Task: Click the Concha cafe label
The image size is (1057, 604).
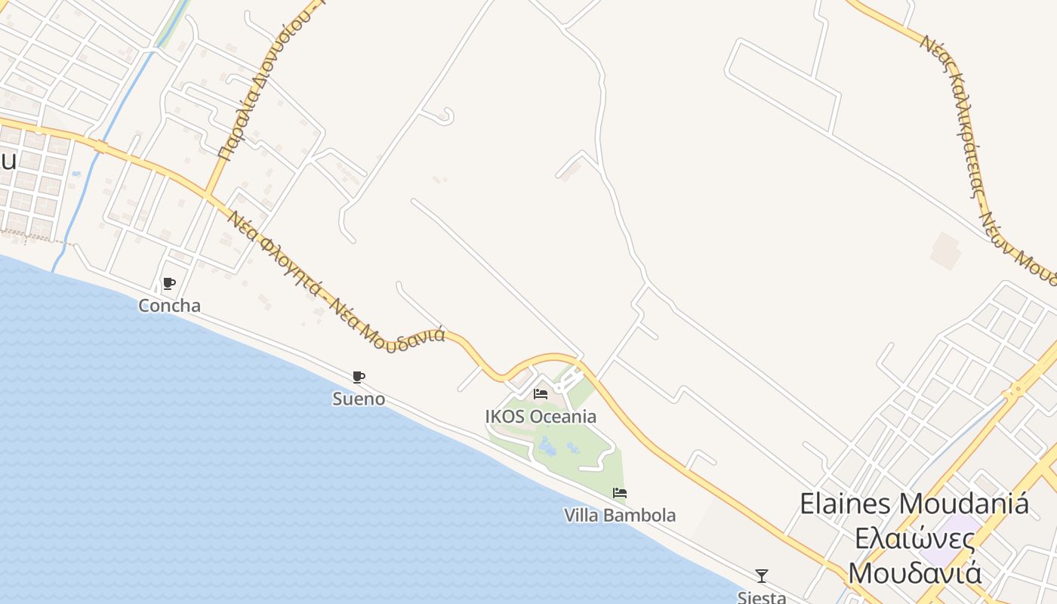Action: click(x=169, y=306)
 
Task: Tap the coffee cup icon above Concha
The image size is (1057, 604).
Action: click(x=169, y=284)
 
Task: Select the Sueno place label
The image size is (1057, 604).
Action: click(x=359, y=399)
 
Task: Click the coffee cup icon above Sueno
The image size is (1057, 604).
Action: click(x=359, y=377)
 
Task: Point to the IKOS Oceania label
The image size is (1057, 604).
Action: click(x=541, y=416)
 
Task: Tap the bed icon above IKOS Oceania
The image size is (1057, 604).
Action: click(x=541, y=394)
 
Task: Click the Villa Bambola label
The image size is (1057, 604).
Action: click(x=620, y=515)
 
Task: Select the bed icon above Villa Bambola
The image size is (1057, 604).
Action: click(x=620, y=493)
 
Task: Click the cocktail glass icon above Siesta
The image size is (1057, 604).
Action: click(x=762, y=576)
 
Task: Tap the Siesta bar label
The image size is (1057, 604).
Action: click(x=762, y=596)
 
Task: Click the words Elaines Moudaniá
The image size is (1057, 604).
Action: click(x=914, y=504)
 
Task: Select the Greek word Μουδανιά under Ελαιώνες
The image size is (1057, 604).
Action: click(x=915, y=572)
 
